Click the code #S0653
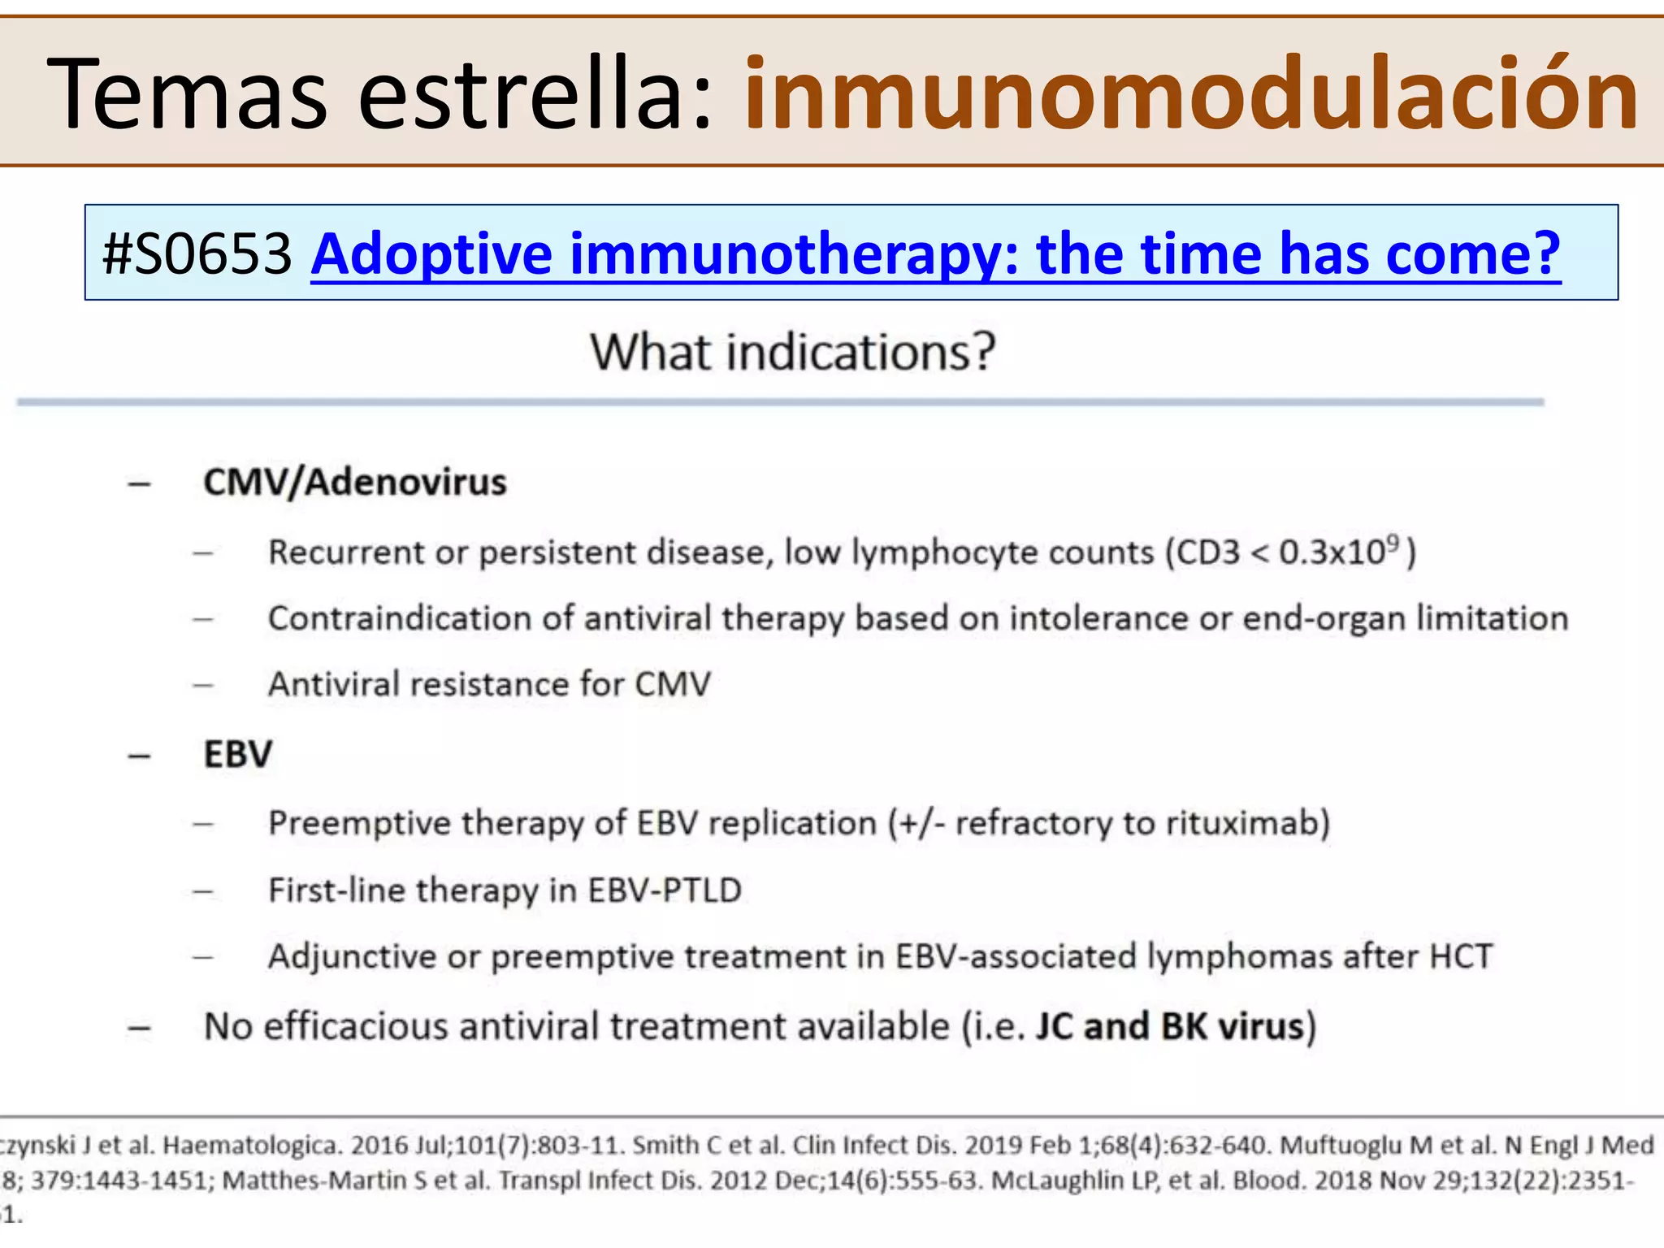tap(197, 253)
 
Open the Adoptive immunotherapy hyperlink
tap(935, 253)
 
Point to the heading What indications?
tap(793, 353)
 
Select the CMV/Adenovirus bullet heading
tap(355, 482)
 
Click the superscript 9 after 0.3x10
tap(1393, 541)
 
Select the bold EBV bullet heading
tap(238, 754)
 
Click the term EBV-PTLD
tap(665, 890)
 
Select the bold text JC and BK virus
tap(1170, 1026)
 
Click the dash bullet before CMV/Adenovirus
tap(140, 483)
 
